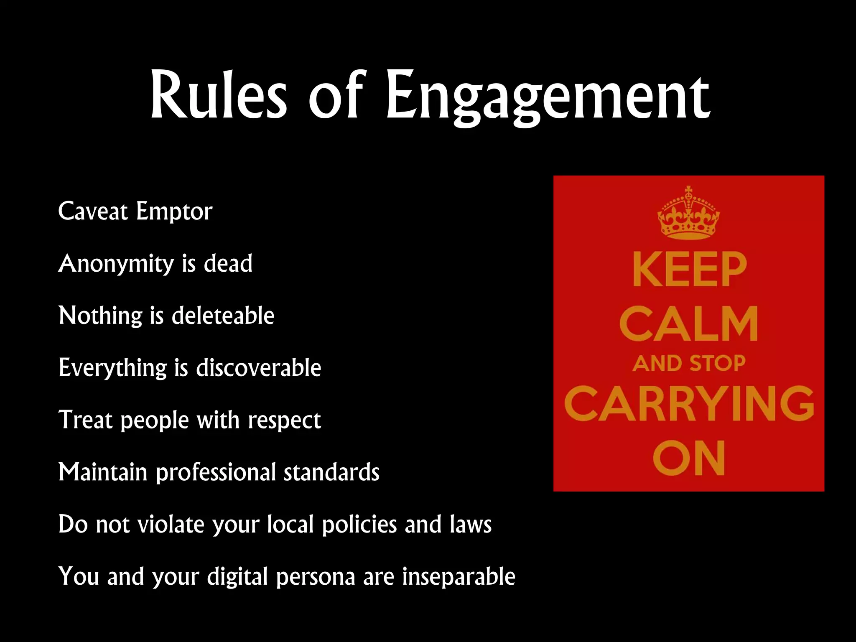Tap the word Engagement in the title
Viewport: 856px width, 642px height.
pyautogui.click(x=548, y=98)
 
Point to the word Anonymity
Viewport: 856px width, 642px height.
pyautogui.click(x=116, y=264)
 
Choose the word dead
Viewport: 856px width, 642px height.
pyautogui.click(x=228, y=263)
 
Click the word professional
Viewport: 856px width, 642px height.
pyautogui.click(x=216, y=473)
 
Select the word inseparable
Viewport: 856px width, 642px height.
pyautogui.click(x=459, y=577)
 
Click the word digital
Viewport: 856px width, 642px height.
pyautogui.click(x=237, y=577)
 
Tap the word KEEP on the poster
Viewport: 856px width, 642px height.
pyautogui.click(x=689, y=270)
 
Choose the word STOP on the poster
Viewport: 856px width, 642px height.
pyautogui.click(x=717, y=363)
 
